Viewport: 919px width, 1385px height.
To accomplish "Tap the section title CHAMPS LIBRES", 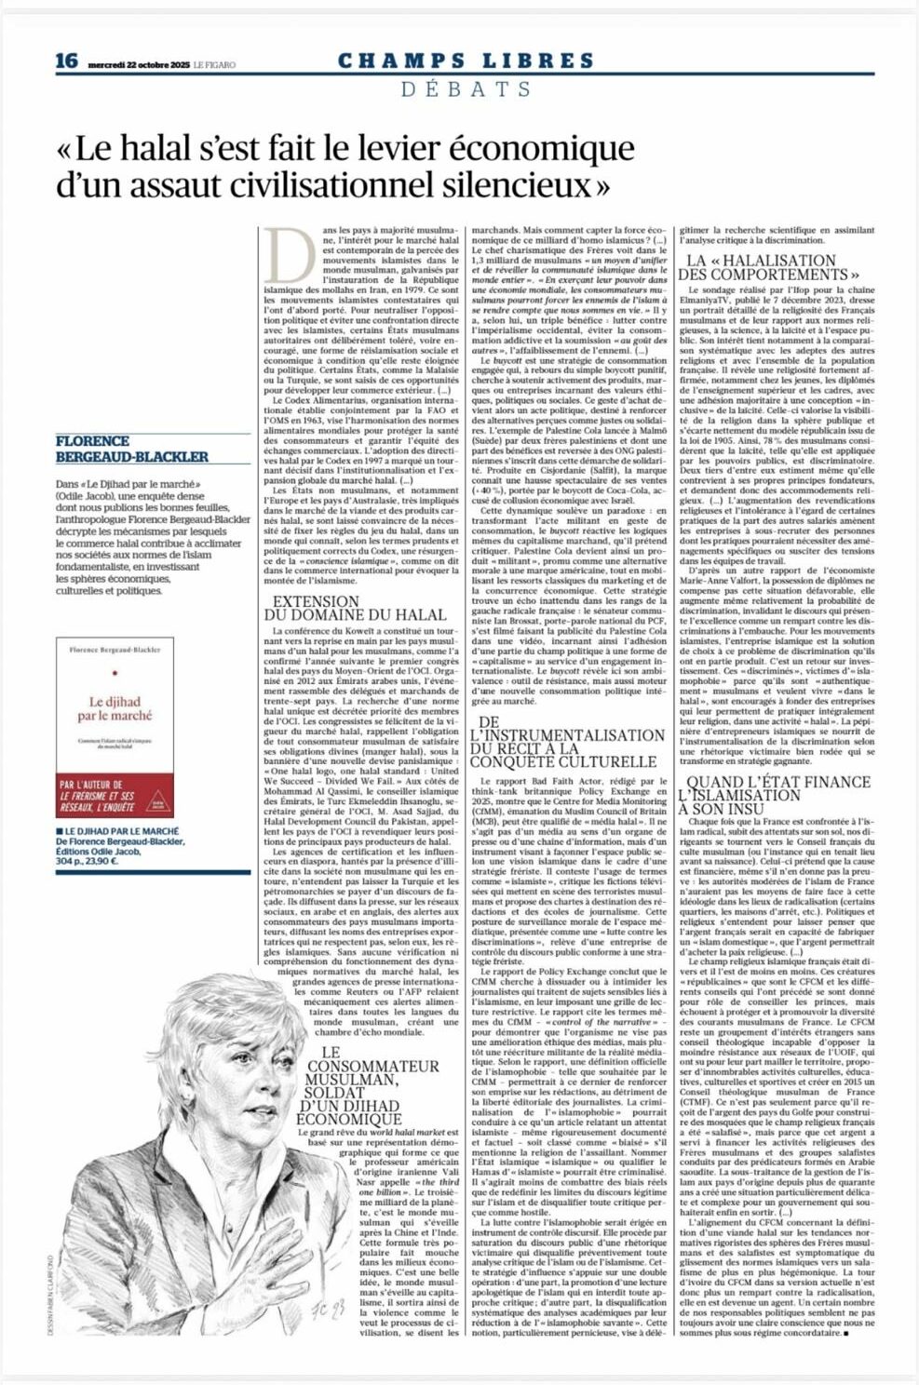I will coord(466,61).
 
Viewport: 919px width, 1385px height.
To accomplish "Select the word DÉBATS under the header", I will coord(466,89).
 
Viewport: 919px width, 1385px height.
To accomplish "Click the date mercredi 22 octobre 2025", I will coord(139,64).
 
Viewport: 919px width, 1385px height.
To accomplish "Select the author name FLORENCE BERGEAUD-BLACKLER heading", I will coord(131,449).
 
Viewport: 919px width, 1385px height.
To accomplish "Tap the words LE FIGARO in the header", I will coord(215,64).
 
